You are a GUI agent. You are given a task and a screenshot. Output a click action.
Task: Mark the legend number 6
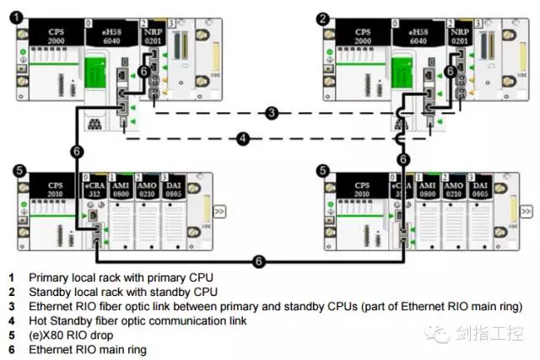[x=12, y=348]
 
